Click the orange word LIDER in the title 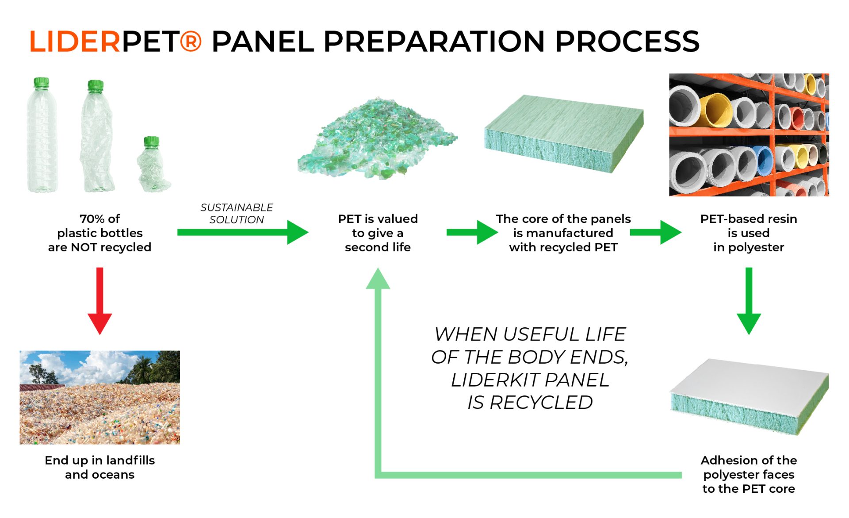click(75, 42)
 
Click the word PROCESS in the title click(627, 42)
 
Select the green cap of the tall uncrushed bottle click(41, 82)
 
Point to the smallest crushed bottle click(153, 164)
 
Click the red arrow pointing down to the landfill click(100, 301)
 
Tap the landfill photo click(100, 397)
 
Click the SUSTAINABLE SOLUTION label click(237, 213)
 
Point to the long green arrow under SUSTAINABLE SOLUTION click(243, 232)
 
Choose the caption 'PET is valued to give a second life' click(378, 233)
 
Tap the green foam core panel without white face click(564, 133)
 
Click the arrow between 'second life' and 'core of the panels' click(472, 232)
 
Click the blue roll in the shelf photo click(764, 161)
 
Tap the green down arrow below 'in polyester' click(749, 301)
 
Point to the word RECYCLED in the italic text click(541, 403)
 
